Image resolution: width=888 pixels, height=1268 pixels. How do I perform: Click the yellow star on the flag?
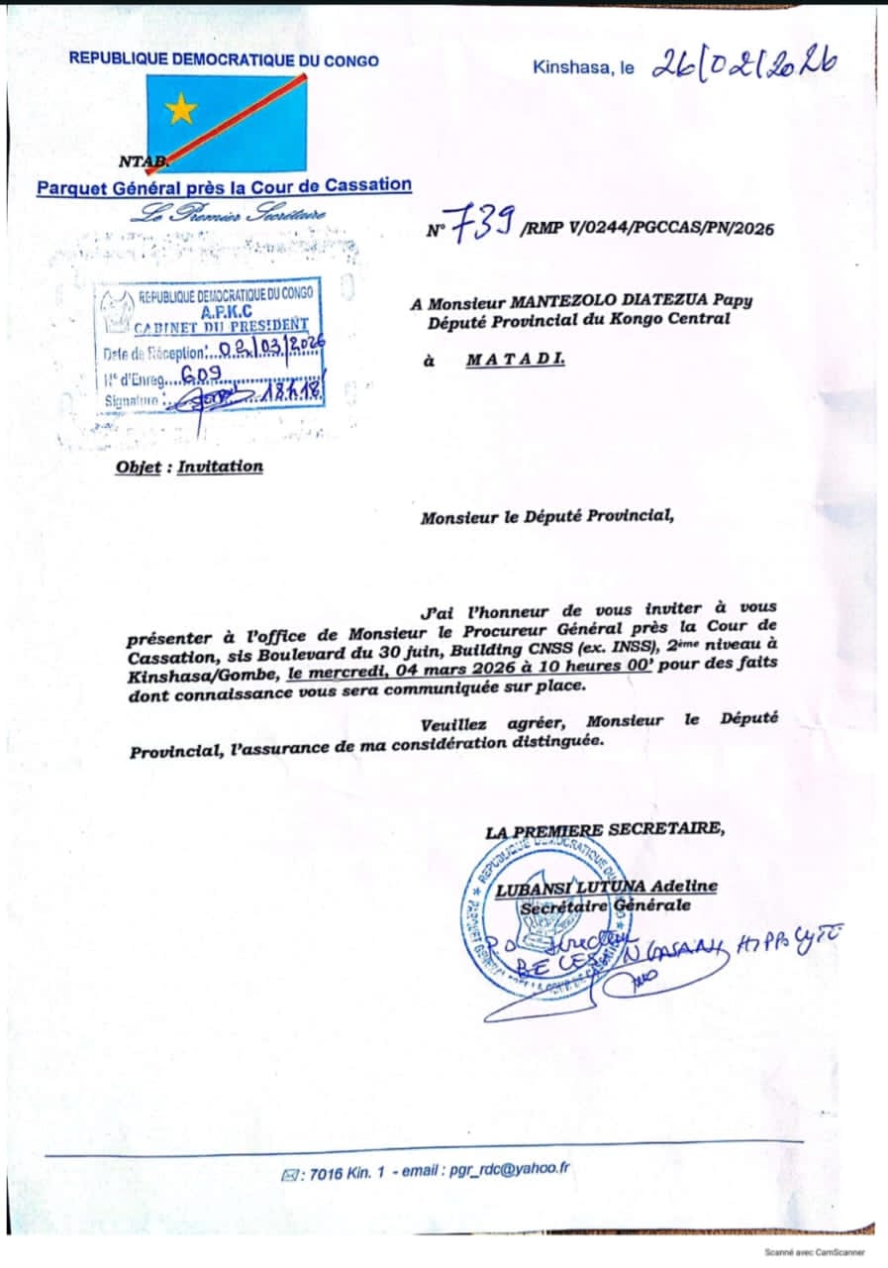tap(181, 108)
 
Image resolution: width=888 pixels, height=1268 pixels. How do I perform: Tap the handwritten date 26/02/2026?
tap(743, 64)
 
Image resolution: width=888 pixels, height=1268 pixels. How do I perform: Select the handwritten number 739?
tap(482, 227)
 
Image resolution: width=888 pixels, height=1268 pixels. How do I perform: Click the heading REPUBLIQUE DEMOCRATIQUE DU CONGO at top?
tap(224, 59)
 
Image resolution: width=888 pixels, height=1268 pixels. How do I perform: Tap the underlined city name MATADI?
tap(516, 361)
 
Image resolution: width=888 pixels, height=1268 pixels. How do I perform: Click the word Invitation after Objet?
tap(221, 466)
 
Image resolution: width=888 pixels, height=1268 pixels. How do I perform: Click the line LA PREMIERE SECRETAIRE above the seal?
tap(605, 830)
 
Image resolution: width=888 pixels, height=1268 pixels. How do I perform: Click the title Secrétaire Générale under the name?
tap(606, 905)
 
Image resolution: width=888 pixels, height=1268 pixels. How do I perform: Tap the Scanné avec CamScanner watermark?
tap(817, 1251)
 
